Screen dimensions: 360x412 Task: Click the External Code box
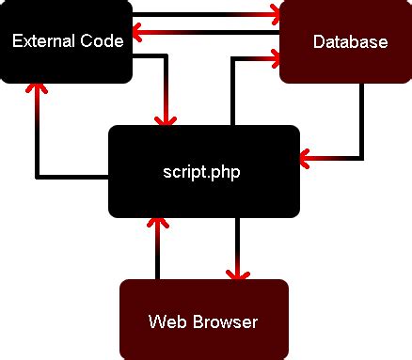(67, 42)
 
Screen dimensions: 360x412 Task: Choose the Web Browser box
(203, 320)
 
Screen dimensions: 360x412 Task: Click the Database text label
(350, 42)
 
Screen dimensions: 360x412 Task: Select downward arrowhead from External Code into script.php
(167, 120)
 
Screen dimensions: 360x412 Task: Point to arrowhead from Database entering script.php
(307, 156)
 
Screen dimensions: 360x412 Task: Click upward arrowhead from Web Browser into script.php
(158, 223)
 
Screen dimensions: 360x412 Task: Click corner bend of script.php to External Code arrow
(38, 175)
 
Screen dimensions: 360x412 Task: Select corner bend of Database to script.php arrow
(361, 156)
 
